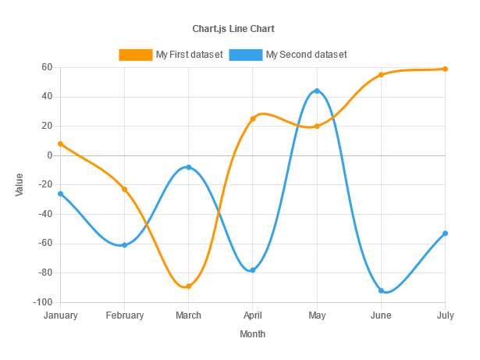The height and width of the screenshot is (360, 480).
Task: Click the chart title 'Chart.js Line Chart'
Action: (x=233, y=29)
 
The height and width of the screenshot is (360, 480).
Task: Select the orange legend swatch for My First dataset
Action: (x=135, y=55)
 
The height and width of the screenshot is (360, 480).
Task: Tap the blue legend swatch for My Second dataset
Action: (x=246, y=55)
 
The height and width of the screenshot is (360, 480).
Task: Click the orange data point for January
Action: (x=60, y=144)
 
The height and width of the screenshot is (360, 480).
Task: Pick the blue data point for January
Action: (x=60, y=194)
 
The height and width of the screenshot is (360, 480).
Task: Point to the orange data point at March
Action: (x=188, y=286)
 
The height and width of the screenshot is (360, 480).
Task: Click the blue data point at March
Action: (x=188, y=167)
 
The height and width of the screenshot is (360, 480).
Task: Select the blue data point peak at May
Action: (x=317, y=91)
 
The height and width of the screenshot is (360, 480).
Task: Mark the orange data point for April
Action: (x=253, y=119)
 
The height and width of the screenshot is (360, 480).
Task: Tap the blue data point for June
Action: (x=381, y=290)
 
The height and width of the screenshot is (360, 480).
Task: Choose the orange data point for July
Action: (x=445, y=69)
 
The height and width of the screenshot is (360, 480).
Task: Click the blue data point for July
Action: (x=445, y=233)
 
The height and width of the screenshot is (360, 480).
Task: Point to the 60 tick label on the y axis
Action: (x=46, y=67)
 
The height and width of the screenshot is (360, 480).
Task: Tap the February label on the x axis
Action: (x=124, y=315)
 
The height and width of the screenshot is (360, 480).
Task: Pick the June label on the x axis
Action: (x=381, y=315)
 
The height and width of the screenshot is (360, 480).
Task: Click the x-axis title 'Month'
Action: (x=252, y=334)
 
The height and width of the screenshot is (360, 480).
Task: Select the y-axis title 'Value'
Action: (x=20, y=184)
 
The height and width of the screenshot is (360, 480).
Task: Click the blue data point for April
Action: (x=253, y=270)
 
